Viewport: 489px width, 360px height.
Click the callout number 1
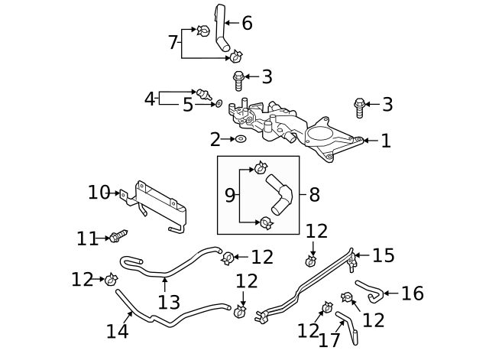pos(386,141)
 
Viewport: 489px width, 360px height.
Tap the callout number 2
pos(215,139)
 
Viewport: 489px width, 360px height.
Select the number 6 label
pos(247,23)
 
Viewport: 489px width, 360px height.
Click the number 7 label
pos(173,42)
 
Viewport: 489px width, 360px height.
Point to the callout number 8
pos(314,194)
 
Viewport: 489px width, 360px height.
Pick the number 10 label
pos(99,193)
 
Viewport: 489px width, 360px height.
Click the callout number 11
pos(87,239)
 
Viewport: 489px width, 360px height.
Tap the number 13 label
pos(169,302)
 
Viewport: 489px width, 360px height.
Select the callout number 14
pos(118,331)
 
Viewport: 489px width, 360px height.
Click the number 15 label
pos(384,255)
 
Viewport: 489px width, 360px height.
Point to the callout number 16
pos(412,294)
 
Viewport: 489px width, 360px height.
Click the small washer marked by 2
pos(240,139)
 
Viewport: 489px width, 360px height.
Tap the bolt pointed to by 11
pos(118,236)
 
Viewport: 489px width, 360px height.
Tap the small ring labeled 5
pos(219,102)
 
